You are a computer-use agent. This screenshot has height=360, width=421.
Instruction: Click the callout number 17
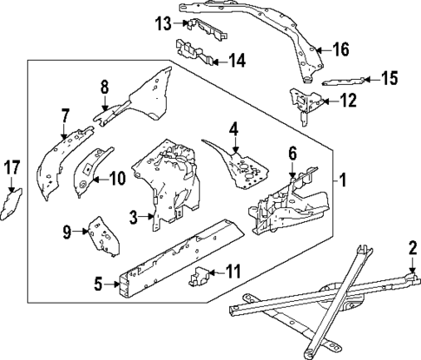point(11,167)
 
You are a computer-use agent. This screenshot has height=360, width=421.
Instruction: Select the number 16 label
point(340,49)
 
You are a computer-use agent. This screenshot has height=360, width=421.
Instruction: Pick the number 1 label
point(344,182)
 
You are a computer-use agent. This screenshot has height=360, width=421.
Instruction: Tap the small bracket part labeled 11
point(199,278)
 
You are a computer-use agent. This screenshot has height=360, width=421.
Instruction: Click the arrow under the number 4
point(234,151)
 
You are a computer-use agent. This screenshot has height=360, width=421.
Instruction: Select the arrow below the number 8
point(104,107)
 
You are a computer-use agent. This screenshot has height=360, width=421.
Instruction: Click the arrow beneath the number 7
point(63,133)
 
